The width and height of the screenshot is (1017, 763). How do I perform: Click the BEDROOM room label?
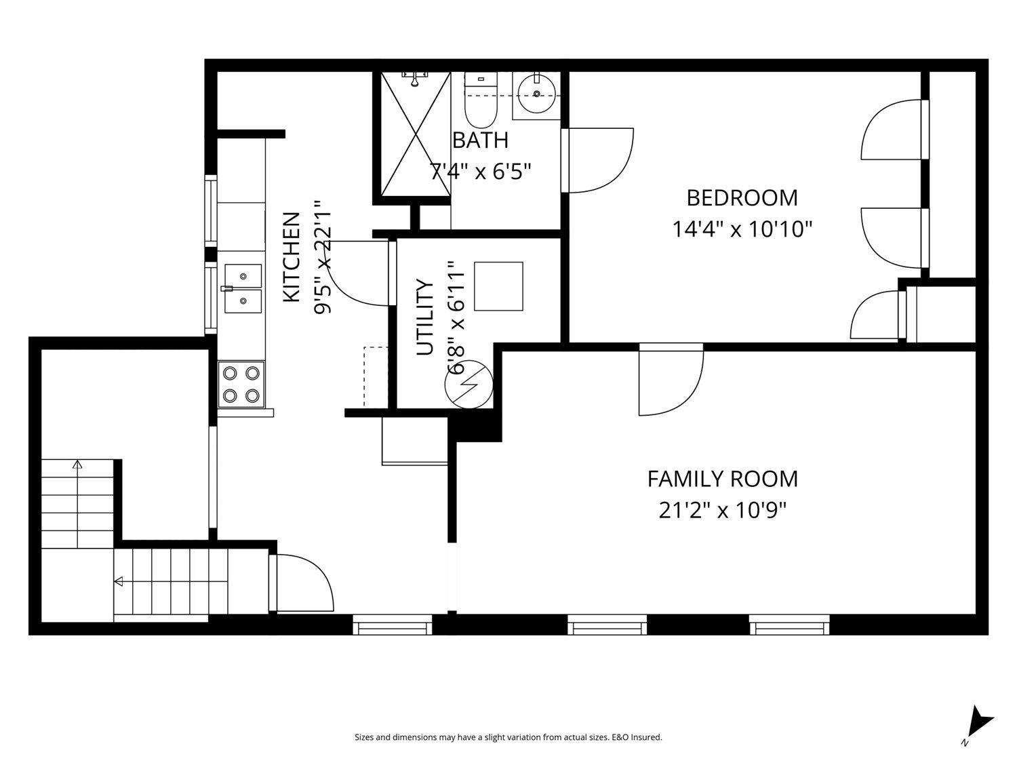(742, 198)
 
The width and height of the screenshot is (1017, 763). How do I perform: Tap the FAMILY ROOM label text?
(722, 480)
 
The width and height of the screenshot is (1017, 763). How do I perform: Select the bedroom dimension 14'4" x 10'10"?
(742, 229)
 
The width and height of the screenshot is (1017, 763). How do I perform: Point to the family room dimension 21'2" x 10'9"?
(722, 510)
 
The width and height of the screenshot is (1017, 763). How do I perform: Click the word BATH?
(480, 140)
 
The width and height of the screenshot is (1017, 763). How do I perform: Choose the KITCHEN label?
(291, 257)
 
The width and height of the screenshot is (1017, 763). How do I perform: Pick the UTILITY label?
(424, 317)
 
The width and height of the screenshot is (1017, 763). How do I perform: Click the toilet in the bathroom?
(480, 102)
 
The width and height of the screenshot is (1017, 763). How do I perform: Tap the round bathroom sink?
(536, 93)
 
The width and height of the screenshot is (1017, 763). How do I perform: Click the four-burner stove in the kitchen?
(241, 384)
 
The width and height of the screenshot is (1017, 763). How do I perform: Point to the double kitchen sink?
(241, 288)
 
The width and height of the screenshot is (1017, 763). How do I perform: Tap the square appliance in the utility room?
(498, 286)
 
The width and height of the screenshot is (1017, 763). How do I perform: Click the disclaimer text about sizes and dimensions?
(508, 737)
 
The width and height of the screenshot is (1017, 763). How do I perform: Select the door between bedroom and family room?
(671, 380)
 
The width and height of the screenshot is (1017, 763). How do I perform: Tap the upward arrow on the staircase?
(77, 465)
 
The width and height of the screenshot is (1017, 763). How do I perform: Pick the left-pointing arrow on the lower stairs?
(119, 581)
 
